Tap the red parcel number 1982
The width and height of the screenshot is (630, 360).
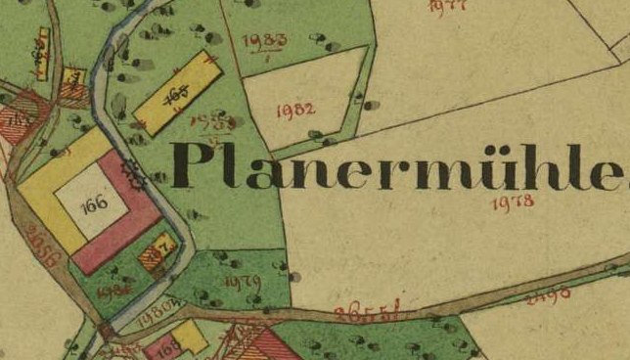coord(294,108)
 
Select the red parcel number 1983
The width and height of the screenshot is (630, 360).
coord(267,41)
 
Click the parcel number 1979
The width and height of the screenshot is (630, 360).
coord(243,281)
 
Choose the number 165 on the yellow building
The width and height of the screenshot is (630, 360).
coord(177,94)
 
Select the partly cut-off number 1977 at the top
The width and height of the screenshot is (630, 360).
coord(449,5)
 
